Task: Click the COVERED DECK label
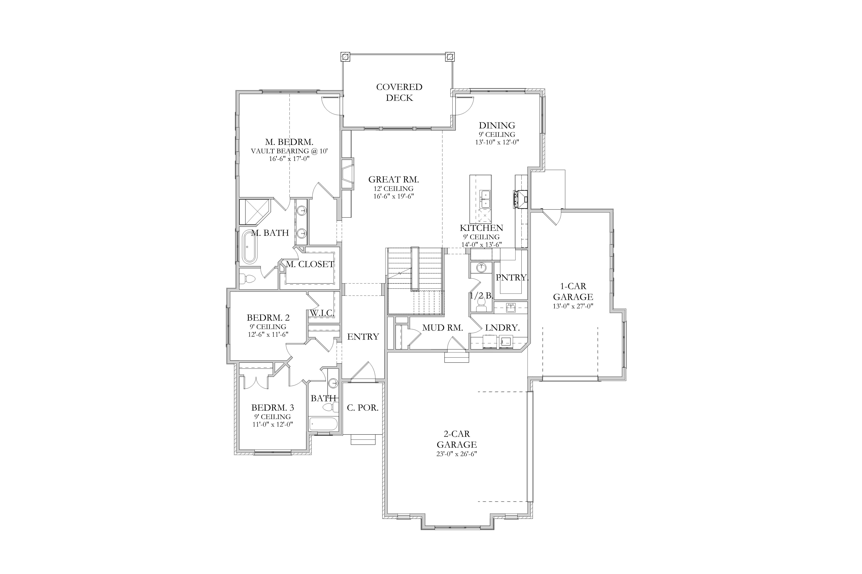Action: (399, 92)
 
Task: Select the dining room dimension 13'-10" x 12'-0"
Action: (497, 142)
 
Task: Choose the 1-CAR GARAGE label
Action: (573, 291)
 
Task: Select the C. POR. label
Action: (363, 407)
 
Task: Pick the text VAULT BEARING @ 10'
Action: (289, 151)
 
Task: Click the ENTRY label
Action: (363, 336)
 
